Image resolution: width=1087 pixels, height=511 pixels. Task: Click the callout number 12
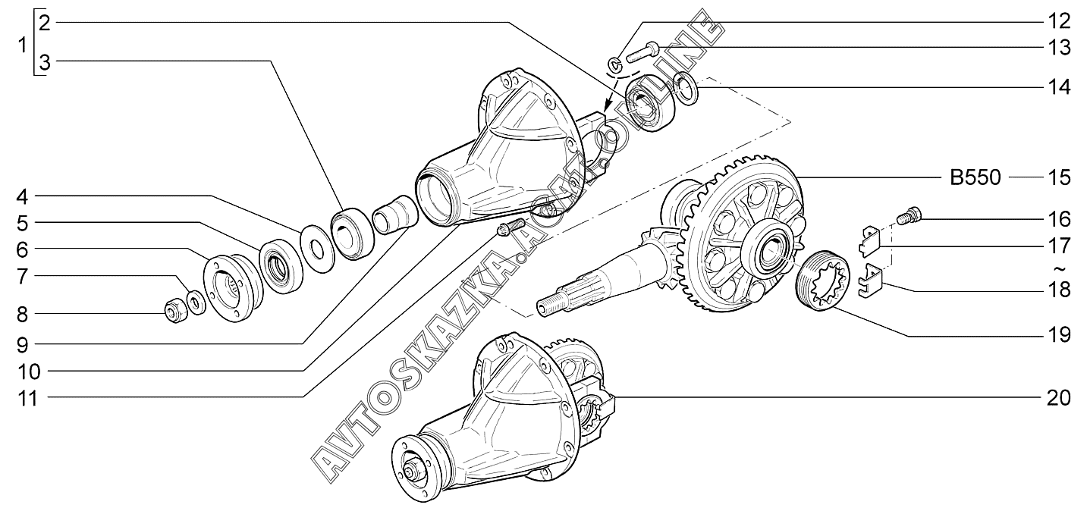point(1059,21)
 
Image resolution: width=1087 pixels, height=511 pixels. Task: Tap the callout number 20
point(1059,397)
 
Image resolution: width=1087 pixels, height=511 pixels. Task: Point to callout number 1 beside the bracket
point(22,45)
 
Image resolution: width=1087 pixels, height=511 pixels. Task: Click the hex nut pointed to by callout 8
point(177,312)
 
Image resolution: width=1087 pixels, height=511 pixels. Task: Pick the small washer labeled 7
point(196,302)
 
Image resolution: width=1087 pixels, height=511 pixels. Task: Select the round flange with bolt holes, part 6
point(233,289)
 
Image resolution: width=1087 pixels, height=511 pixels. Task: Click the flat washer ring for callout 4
point(318,249)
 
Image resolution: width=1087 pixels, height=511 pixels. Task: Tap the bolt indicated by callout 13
point(642,53)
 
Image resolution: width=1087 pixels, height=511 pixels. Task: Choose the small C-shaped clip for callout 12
point(614,64)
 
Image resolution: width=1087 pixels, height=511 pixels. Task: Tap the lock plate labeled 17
point(870,240)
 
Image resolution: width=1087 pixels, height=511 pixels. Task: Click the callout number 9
point(23,345)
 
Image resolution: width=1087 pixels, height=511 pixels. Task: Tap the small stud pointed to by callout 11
point(509,227)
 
